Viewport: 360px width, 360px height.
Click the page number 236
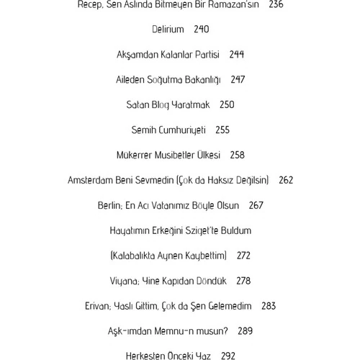[x=276, y=4]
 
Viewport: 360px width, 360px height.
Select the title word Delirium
[x=168, y=30]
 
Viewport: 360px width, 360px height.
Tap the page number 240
[x=202, y=30]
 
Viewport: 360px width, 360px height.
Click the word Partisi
[x=205, y=55]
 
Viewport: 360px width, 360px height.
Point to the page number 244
[x=237, y=55]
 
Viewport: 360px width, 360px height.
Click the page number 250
[x=227, y=105]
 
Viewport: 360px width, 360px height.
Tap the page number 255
[x=222, y=130]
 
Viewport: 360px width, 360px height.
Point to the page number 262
[x=286, y=181]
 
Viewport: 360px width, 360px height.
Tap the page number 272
[x=243, y=256]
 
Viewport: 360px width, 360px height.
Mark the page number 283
[x=269, y=307]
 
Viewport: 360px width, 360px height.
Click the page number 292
[x=228, y=356]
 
